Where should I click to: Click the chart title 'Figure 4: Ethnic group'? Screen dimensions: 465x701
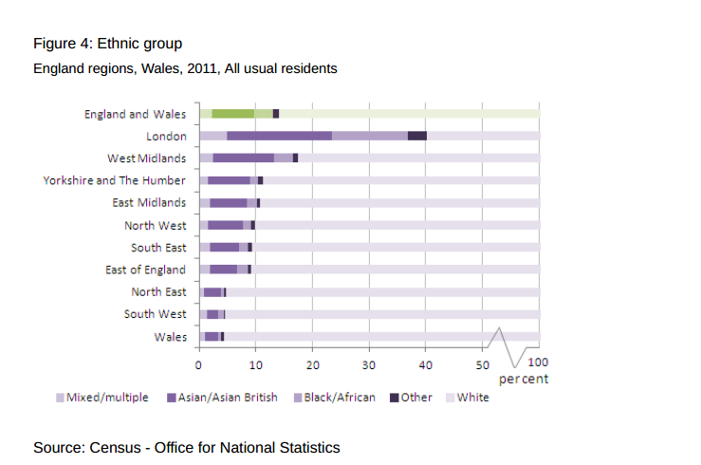click(107, 44)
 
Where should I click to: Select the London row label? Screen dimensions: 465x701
click(165, 136)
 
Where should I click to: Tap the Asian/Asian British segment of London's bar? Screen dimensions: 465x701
click(279, 136)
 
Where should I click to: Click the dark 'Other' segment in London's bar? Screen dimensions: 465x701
click(416, 136)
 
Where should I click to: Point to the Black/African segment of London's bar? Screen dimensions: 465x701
click(369, 136)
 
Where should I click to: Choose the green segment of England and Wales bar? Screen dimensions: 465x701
click(232, 114)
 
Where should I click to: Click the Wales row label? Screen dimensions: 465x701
click(170, 336)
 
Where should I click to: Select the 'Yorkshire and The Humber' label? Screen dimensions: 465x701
click(114, 180)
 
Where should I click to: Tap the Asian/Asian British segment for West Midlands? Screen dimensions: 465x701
click(243, 158)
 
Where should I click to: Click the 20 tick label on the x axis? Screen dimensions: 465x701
click(312, 364)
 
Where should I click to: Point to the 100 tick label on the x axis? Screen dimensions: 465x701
click(537, 362)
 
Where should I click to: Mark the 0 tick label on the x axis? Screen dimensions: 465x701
click(198, 364)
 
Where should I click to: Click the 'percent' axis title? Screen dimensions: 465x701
click(524, 379)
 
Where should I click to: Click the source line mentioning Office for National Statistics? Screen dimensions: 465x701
click(186, 447)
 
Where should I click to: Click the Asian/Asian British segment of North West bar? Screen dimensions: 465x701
click(225, 225)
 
